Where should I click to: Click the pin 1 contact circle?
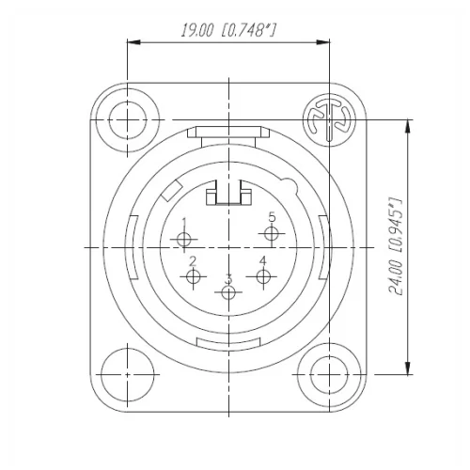[x=184, y=240]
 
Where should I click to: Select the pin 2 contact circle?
[x=195, y=276]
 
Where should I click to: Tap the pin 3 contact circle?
[x=227, y=292]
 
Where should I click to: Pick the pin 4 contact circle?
[x=262, y=275]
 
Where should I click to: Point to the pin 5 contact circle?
[x=271, y=231]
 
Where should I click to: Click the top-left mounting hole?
[x=125, y=119]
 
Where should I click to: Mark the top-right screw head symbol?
[x=328, y=119]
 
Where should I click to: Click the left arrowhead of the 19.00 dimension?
[x=132, y=41]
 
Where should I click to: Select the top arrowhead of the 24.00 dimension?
[x=408, y=125]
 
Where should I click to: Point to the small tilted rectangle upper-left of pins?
[x=171, y=193]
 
